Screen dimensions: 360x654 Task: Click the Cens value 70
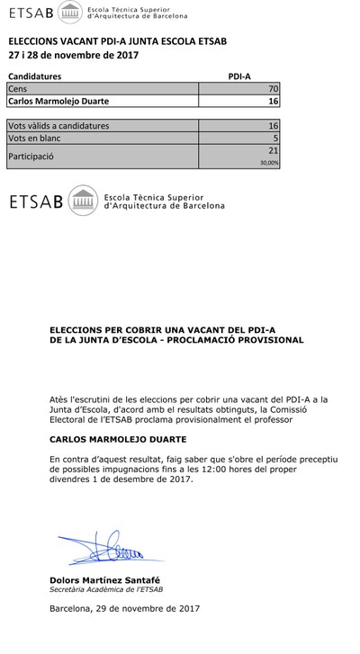pos(274,90)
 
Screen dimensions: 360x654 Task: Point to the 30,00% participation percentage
pos(269,164)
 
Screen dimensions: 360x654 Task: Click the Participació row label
pos(31,156)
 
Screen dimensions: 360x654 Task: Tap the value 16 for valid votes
pos(274,126)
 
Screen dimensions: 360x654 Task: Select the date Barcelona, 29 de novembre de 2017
pos(125,609)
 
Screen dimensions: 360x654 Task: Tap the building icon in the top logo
pos(69,13)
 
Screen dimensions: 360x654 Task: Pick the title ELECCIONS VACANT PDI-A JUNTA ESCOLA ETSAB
pos(117,41)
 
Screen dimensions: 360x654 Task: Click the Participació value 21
pos(274,150)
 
